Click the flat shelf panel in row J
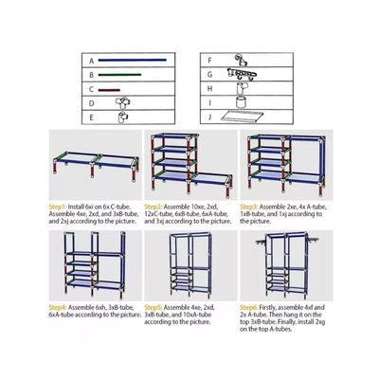pyautogui.click(x=250, y=117)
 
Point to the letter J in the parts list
pyautogui.click(x=208, y=117)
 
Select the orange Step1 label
pyautogui.click(x=59, y=204)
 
